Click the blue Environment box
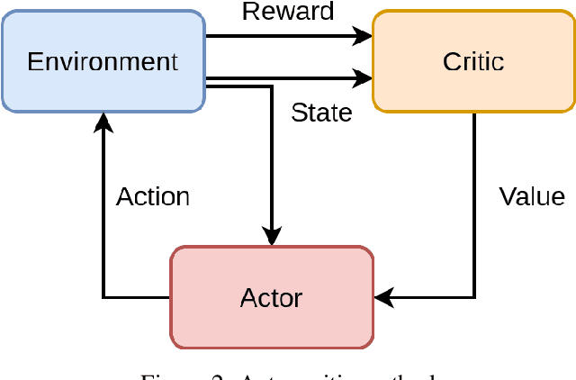[x=103, y=61]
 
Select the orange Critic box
[x=473, y=61]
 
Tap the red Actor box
[x=271, y=297]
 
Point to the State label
[x=321, y=113]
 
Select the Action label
[x=153, y=196]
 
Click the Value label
[x=532, y=196]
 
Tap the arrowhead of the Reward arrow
[x=363, y=36]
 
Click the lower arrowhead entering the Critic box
[x=363, y=79]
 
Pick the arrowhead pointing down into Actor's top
[x=271, y=236]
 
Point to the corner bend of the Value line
[x=474, y=297]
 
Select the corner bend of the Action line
[x=103, y=297]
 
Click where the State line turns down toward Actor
[x=271, y=87]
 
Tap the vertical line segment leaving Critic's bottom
[x=474, y=198]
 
